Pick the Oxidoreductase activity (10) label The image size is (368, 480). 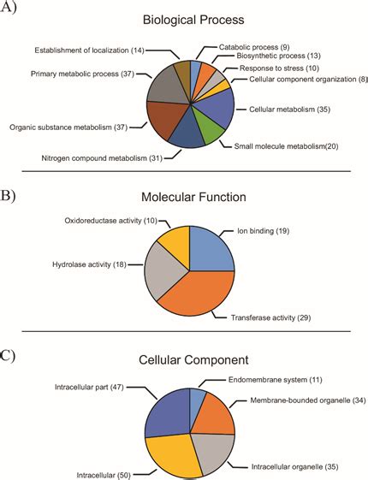pos(111,221)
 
